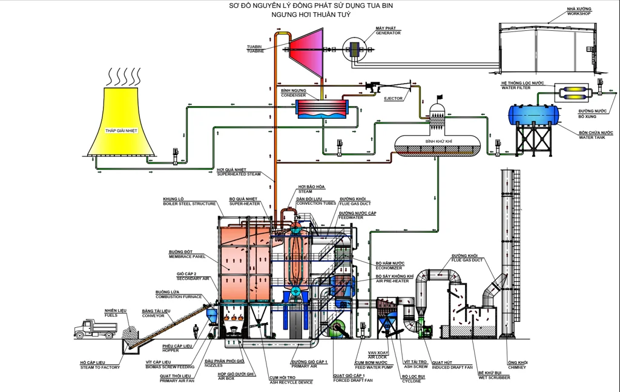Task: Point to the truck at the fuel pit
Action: (x=95, y=328)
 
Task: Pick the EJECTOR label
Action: (x=393, y=99)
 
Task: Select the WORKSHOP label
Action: (x=579, y=13)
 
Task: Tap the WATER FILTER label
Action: (x=516, y=88)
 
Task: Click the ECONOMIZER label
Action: (x=390, y=267)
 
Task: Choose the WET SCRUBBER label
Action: (x=493, y=377)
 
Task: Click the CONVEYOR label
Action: (x=153, y=316)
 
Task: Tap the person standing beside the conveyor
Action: (x=196, y=332)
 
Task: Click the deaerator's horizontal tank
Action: (x=437, y=145)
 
